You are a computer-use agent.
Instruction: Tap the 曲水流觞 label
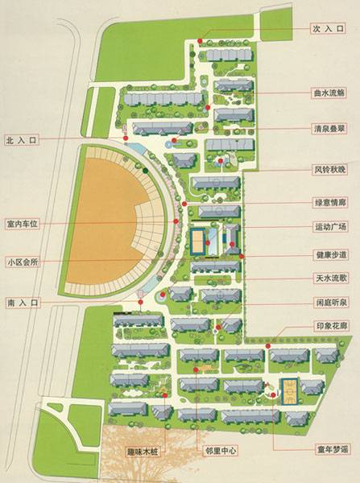tap(329, 93)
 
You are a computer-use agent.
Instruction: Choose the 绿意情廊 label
tap(329, 202)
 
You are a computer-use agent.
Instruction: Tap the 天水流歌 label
tap(329, 279)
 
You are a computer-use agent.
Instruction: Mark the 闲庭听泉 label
tap(329, 303)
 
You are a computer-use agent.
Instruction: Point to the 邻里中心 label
tap(219, 452)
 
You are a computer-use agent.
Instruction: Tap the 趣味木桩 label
tap(144, 452)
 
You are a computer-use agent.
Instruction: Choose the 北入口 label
tap(22, 139)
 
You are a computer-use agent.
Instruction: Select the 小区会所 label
tap(23, 262)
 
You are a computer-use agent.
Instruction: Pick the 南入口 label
tap(22, 303)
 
